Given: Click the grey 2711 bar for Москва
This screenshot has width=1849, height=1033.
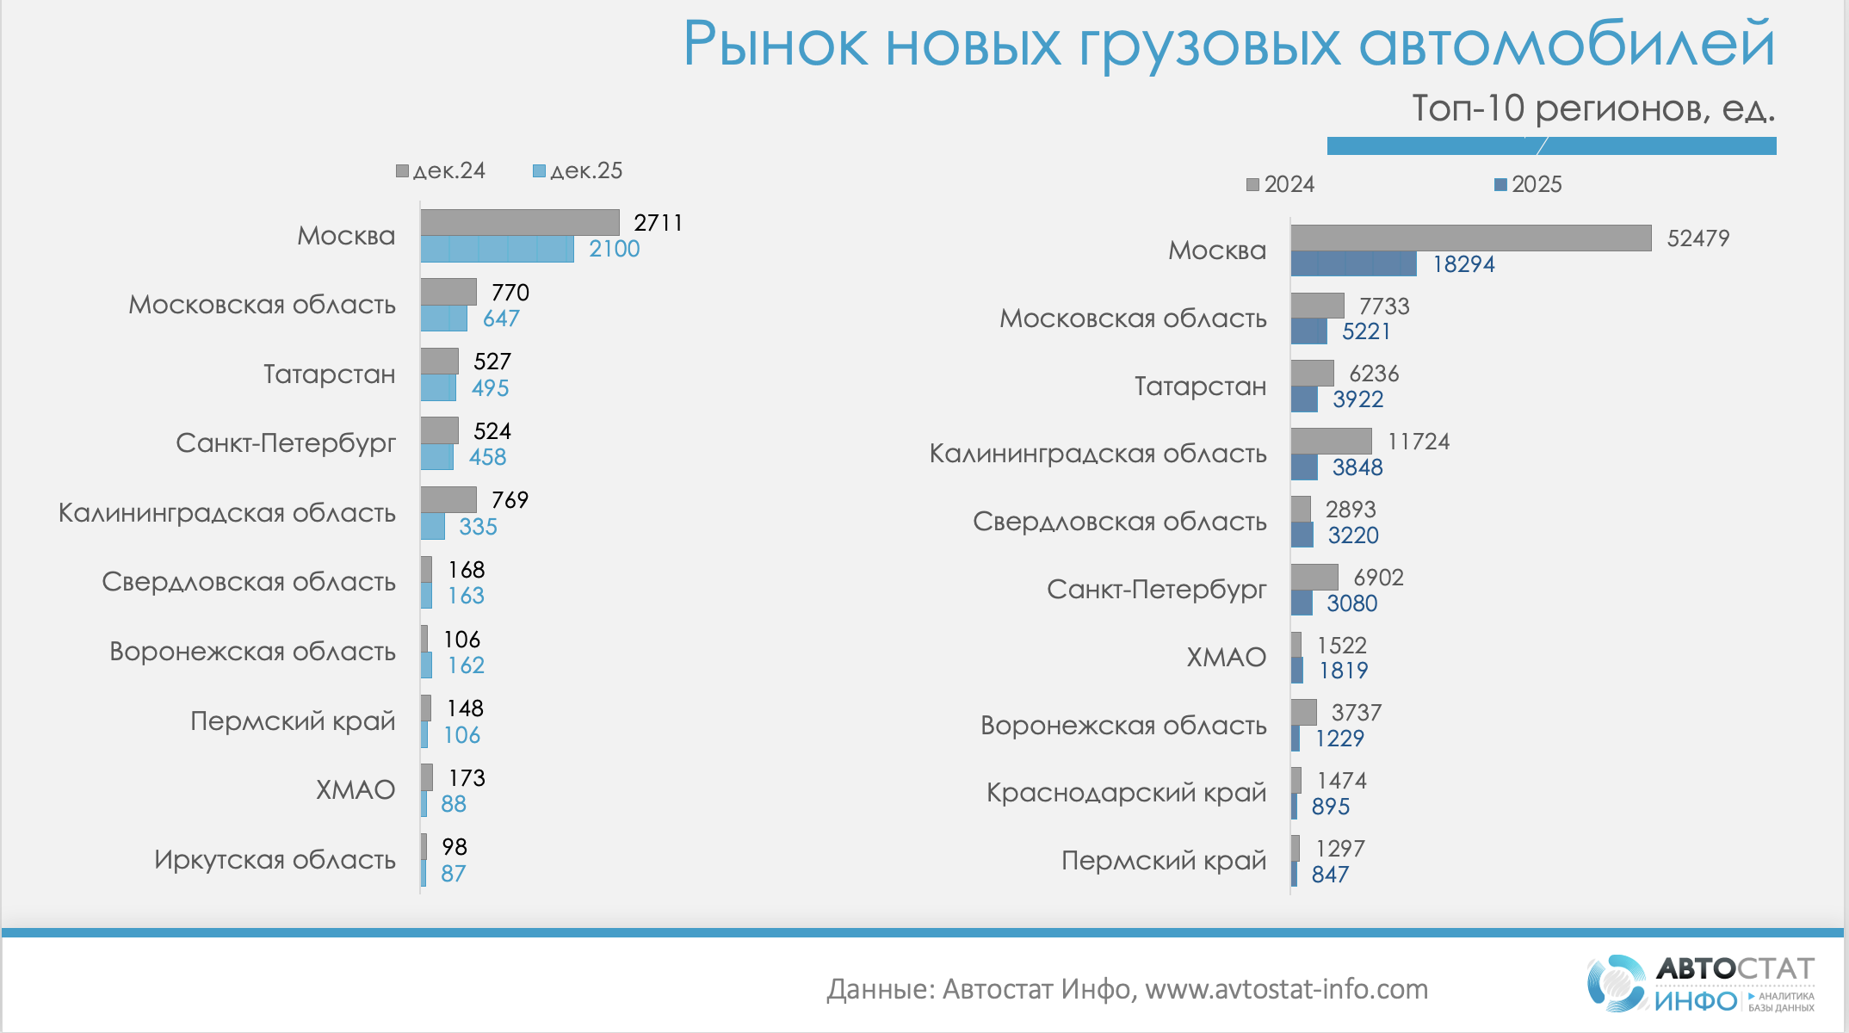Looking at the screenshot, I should tap(520, 222).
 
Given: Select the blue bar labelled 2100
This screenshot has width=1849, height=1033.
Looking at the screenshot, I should tap(497, 249).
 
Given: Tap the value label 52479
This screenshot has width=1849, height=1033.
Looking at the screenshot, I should tap(1697, 238).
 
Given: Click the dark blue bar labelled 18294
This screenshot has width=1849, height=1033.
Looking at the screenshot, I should tap(1353, 263).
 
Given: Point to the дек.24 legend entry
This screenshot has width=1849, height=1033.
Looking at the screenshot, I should tap(441, 170).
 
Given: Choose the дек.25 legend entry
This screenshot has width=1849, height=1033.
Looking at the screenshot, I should tap(578, 170).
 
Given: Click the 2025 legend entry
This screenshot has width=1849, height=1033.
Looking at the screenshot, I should tap(1528, 184).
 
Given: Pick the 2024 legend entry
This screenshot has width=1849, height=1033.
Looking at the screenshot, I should tap(1281, 184).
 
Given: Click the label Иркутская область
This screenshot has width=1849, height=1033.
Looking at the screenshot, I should tap(275, 859).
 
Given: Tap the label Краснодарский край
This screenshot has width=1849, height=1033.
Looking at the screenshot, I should tap(1126, 792).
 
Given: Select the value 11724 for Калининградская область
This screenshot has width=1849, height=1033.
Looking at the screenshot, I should tap(1419, 442).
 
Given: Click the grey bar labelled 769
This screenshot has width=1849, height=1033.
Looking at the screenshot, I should tap(448, 499).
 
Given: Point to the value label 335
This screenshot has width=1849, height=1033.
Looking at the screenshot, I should tap(478, 526).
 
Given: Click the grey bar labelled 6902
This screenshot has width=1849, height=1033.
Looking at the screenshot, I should tap(1314, 577).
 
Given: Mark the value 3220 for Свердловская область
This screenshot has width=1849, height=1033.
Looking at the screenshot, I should tap(1353, 535).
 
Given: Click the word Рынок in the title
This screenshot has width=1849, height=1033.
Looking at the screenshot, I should tap(776, 45).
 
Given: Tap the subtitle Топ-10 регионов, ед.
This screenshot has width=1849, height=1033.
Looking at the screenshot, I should tap(1593, 108).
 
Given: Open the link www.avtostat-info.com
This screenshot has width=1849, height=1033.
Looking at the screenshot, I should tap(1286, 989).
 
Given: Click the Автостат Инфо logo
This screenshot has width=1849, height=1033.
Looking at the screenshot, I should tap(1700, 983).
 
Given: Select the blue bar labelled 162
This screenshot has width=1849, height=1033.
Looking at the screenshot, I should tap(426, 665).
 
